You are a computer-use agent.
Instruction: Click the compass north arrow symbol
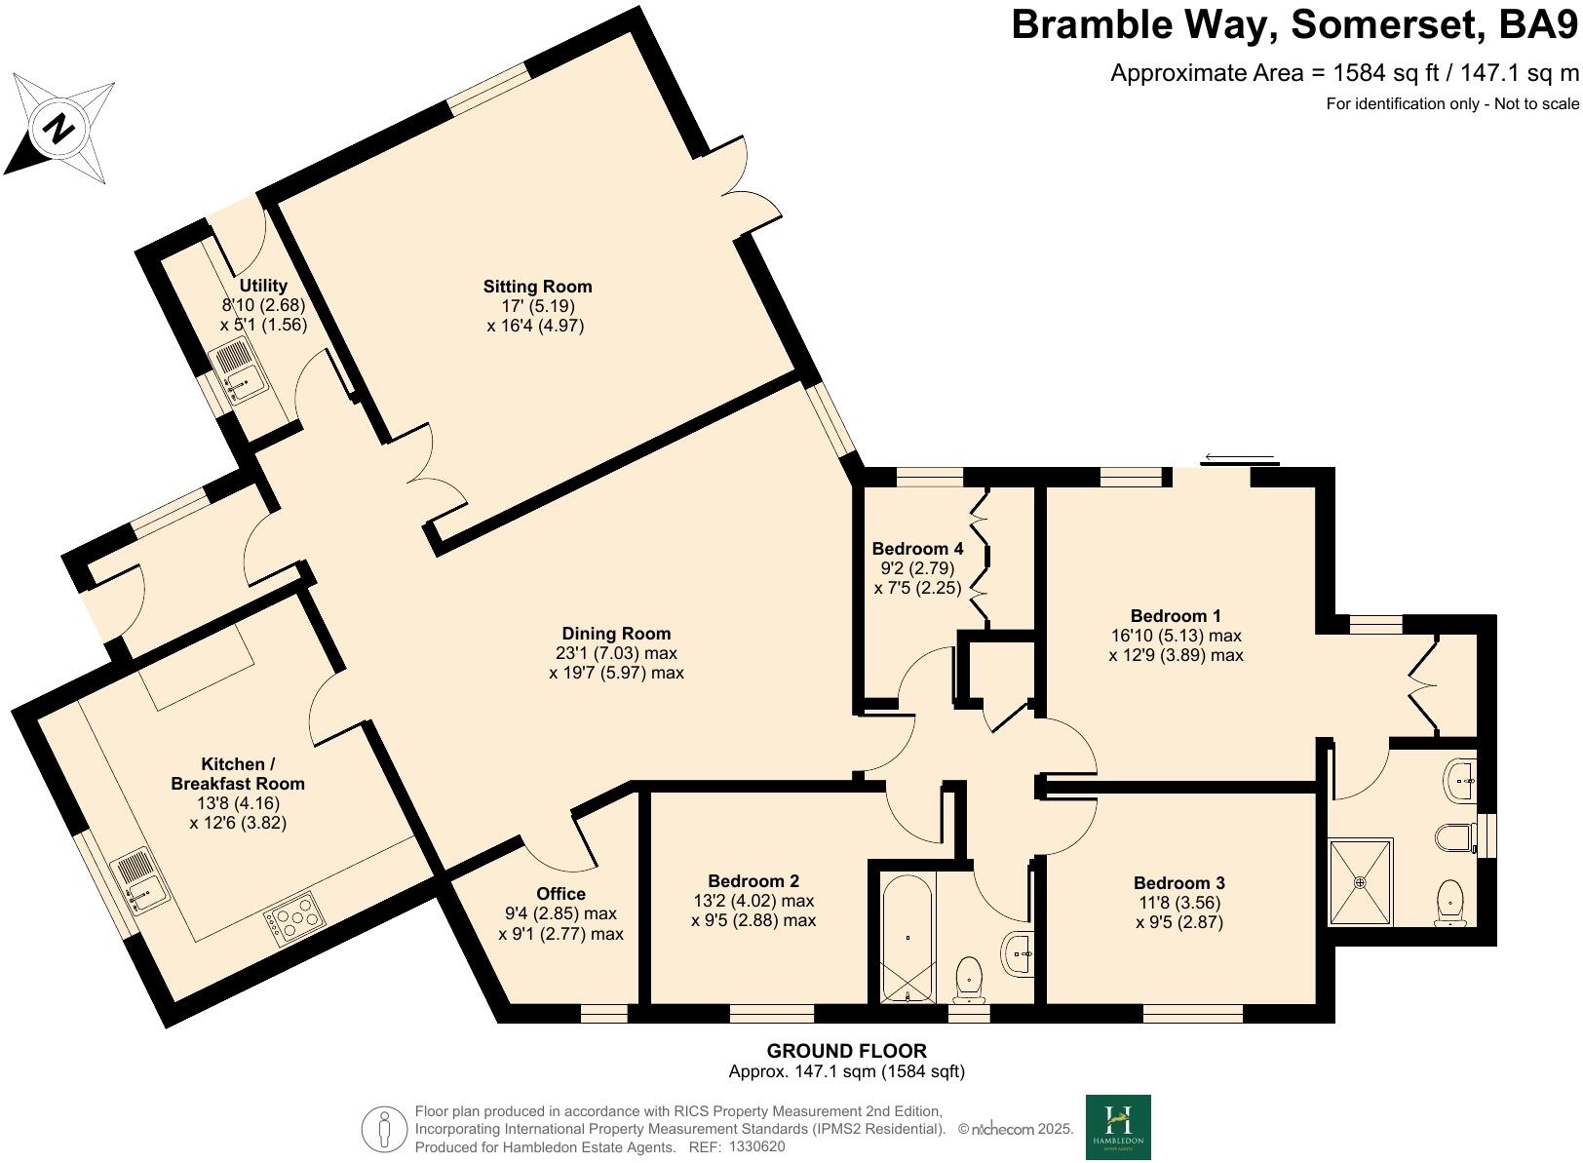point(59,129)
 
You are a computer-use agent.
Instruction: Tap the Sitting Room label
point(537,287)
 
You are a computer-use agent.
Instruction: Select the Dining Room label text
point(616,633)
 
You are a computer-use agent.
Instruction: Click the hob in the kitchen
point(291,917)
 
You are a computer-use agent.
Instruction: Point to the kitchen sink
point(141,879)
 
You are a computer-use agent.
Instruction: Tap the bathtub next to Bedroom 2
point(907,939)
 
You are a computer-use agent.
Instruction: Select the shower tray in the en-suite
point(1361,881)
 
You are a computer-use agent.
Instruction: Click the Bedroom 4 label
point(917,548)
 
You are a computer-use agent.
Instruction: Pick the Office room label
point(560,893)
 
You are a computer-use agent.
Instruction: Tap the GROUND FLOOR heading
point(847,1051)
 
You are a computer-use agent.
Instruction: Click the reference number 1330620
point(756,1146)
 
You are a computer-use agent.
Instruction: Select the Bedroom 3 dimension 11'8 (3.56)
point(1178,903)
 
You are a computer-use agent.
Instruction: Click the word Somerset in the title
point(1389,25)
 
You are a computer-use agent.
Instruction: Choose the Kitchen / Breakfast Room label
point(238,773)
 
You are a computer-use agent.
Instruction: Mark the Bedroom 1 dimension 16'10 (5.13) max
point(1176,635)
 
